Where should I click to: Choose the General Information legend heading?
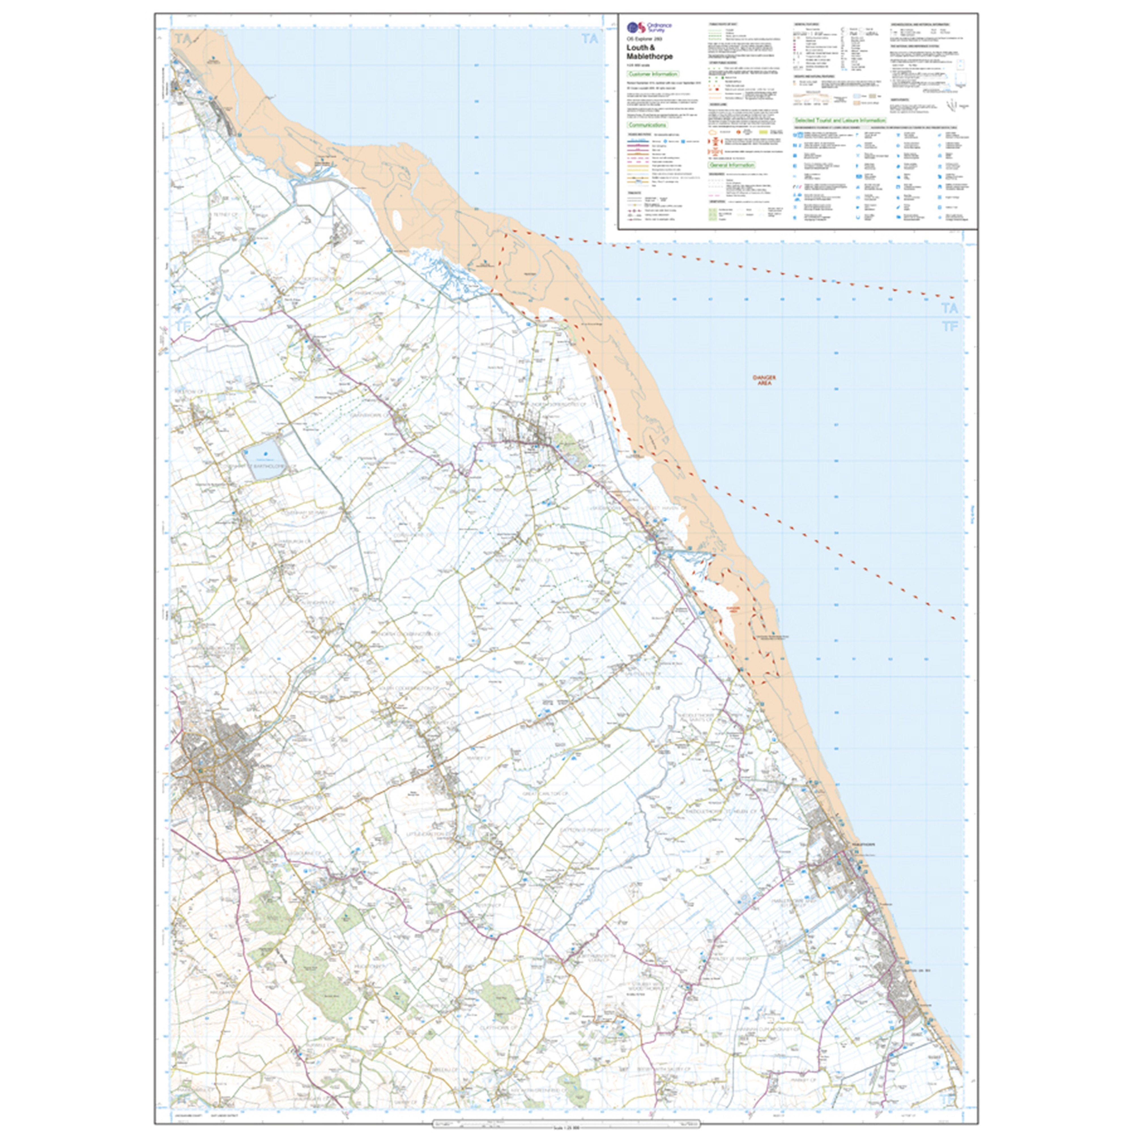(x=731, y=165)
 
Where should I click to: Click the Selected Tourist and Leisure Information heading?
(x=839, y=120)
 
